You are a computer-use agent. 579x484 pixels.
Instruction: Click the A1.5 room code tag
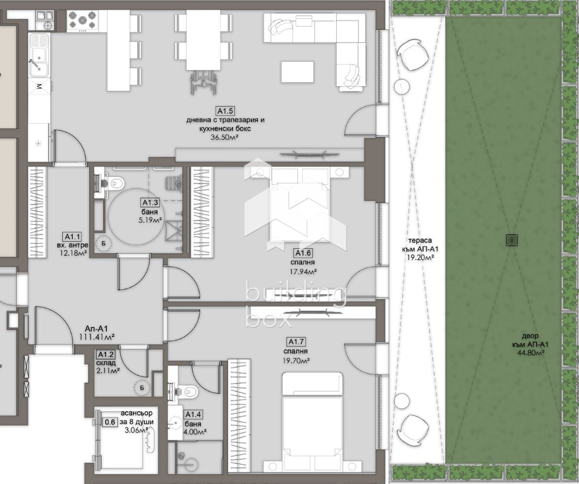tap(225, 111)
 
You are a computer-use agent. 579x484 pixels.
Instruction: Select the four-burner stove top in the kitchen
tap(82, 20)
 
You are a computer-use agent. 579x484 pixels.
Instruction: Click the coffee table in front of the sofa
tap(297, 72)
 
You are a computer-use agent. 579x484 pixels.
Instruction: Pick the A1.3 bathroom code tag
tap(150, 202)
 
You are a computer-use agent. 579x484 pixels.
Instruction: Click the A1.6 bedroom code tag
tap(303, 253)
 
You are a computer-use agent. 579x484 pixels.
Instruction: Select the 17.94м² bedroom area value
tap(303, 272)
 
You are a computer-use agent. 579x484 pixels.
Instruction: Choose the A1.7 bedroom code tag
tap(297, 342)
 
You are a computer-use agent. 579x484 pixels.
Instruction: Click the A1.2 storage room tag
tap(106, 354)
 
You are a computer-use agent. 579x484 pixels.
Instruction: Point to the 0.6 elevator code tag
tap(110, 422)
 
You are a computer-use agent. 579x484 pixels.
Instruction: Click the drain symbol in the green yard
tap(512, 240)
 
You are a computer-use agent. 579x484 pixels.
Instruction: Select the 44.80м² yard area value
tap(531, 353)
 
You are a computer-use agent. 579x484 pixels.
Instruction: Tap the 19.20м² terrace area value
tap(420, 257)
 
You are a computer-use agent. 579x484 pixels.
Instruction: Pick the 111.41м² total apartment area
tap(96, 337)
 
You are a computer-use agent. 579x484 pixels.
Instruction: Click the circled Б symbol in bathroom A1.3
tap(104, 243)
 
